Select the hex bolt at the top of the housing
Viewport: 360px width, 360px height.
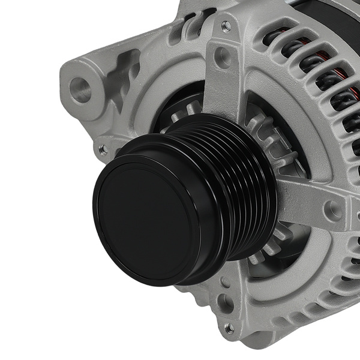pyautogui.click(x=226, y=26)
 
